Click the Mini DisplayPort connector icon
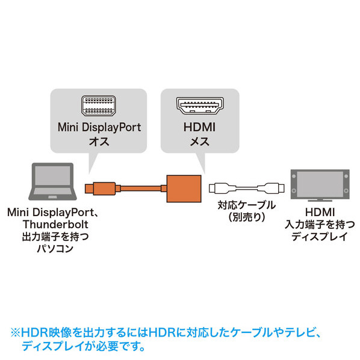tap(99, 105)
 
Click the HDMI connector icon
tap(200, 106)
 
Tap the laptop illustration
tap(52, 182)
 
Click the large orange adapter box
tap(184, 188)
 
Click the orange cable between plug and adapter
tap(141, 188)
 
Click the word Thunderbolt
tap(55, 225)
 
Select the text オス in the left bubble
tap(99, 141)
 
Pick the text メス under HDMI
tap(199, 141)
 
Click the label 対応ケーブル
tap(247, 205)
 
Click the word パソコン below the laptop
tap(55, 249)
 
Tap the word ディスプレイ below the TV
tap(320, 236)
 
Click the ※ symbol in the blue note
tap(16, 333)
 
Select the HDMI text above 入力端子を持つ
tap(320, 212)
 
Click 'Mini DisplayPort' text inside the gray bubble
tap(99, 128)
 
